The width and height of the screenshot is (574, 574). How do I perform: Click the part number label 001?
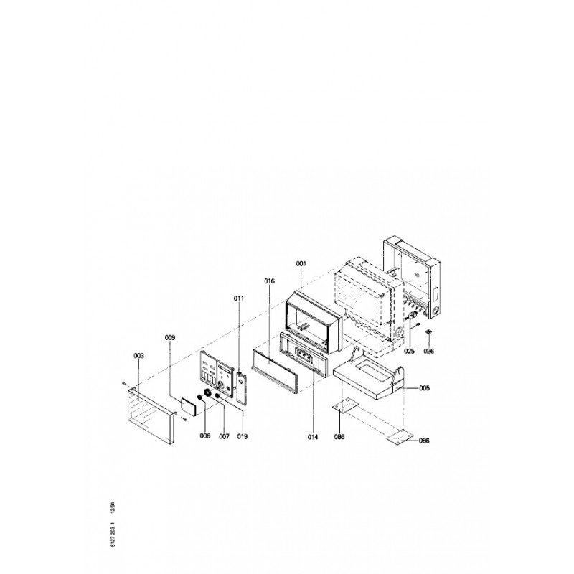point(301,263)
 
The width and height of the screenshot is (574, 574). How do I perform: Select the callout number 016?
point(270,281)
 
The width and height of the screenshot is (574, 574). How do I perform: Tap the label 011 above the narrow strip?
point(239,298)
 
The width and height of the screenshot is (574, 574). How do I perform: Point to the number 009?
point(170,337)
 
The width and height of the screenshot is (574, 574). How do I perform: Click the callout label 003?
point(138,355)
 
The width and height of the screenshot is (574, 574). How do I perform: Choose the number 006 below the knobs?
point(205,436)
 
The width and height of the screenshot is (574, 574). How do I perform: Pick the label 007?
point(224,436)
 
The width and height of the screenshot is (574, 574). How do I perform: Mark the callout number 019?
point(243,436)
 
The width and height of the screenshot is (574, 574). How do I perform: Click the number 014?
point(313,437)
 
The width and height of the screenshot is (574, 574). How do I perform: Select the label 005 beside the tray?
point(424,388)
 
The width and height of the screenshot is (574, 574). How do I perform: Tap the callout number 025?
point(409,351)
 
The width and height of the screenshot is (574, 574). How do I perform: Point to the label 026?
point(428,351)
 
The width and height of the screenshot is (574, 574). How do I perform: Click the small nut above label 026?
point(428,331)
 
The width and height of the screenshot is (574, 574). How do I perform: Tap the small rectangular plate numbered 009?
point(189,405)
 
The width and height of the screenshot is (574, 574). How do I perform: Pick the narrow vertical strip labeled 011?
point(242,388)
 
